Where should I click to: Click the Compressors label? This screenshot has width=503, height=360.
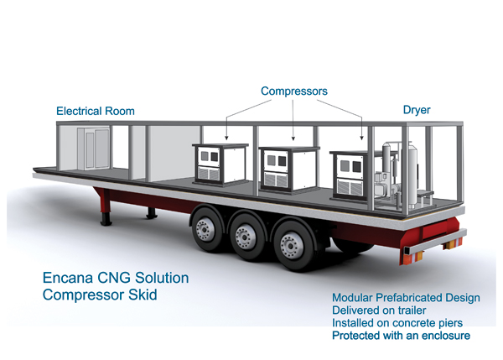[294, 91]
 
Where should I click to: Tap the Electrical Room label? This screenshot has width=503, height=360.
[96, 111]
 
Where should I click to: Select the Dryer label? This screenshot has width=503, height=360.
[417, 110]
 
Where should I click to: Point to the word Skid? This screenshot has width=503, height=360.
[143, 295]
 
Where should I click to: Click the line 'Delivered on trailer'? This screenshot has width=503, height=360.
[379, 310]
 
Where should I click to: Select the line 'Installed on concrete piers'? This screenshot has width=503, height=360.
[397, 323]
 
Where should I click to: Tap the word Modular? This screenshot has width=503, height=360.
[352, 298]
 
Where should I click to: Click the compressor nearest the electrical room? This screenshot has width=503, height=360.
[220, 164]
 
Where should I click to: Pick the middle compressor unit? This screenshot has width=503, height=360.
[288, 170]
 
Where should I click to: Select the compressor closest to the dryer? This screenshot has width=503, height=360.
[350, 175]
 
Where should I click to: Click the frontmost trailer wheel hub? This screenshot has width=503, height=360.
[290, 246]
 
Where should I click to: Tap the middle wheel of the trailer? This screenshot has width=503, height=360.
[246, 237]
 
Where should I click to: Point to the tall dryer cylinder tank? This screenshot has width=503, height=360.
[412, 175]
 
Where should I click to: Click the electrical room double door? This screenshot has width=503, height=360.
[93, 149]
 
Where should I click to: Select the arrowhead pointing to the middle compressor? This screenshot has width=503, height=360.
[293, 138]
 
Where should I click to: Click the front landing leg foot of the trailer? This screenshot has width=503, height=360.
[106, 222]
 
